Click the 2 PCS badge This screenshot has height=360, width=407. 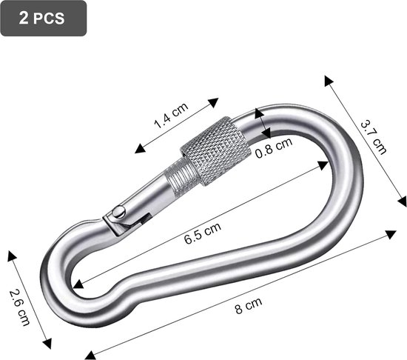[x=44, y=19]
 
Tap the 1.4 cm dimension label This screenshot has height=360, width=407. [x=171, y=116]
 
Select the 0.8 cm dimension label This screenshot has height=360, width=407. [x=274, y=147]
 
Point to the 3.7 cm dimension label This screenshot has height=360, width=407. [x=374, y=137]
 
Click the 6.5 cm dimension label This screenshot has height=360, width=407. [x=203, y=233]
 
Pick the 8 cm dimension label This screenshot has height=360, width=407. [x=249, y=305]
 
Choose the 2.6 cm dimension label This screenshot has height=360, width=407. [x=19, y=307]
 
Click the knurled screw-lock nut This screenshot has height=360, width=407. [x=215, y=151]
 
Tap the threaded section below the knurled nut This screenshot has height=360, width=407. [x=181, y=177]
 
